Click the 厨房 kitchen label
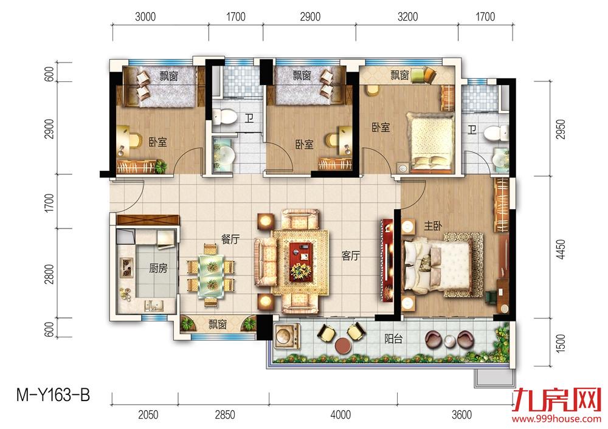tap(158, 268)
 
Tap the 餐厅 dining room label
tap(230, 239)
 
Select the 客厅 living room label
tap(351, 255)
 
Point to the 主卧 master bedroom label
tap(433, 225)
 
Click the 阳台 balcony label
tap(393, 338)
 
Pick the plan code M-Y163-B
tap(53, 396)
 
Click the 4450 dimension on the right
tap(561, 250)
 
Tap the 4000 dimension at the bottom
tap(340, 415)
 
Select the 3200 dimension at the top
tap(407, 16)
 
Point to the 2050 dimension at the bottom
tap(148, 415)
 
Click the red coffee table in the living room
tap(301, 261)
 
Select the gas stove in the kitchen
tap(126, 267)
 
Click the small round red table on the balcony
tap(344, 346)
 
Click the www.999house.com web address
tap(556, 419)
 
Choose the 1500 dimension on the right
tap(561, 343)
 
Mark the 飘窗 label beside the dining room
tap(218, 324)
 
